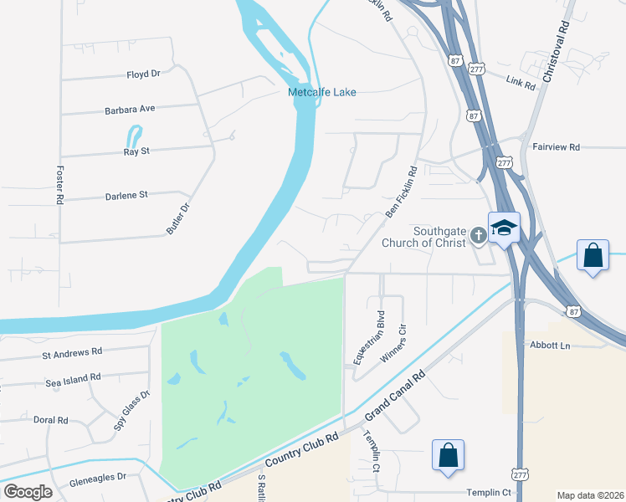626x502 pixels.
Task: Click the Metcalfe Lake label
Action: [x=322, y=92]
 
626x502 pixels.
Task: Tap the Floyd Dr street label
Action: [x=143, y=74]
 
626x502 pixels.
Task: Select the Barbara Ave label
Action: [x=130, y=109]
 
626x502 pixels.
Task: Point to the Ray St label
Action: [x=136, y=151]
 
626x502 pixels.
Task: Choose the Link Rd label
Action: [x=521, y=81]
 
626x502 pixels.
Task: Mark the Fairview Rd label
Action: [x=556, y=146]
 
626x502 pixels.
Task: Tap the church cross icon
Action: [x=478, y=235]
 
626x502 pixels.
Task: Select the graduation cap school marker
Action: [x=505, y=228]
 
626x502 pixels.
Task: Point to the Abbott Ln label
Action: [x=549, y=345]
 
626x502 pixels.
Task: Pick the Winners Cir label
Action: [x=394, y=343]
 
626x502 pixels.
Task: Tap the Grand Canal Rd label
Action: [x=395, y=397]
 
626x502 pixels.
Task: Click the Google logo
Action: [x=28, y=491]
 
